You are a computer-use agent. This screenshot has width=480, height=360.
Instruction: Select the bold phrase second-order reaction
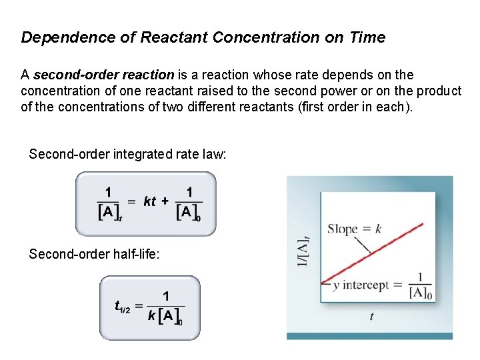click(103, 75)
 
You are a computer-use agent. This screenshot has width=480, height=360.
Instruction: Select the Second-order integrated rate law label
click(128, 155)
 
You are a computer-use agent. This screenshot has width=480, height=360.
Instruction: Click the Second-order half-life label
click(95, 254)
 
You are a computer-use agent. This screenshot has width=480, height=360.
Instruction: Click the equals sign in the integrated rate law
click(131, 201)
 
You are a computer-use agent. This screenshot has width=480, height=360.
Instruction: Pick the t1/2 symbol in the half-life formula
click(121, 307)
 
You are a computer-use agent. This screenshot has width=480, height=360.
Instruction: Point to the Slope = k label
click(354, 229)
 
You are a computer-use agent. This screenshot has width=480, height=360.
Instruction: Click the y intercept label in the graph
click(361, 285)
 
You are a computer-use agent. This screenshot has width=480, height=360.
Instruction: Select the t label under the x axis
click(371, 317)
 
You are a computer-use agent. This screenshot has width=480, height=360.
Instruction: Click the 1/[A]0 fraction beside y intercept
click(420, 285)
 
